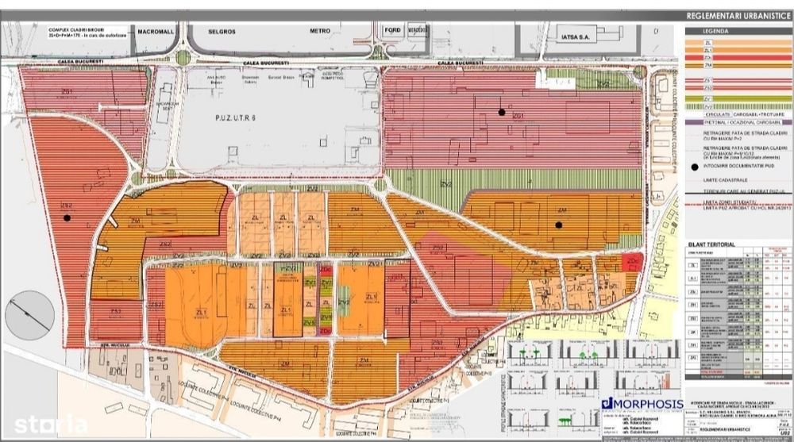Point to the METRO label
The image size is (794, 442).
pos(319,33)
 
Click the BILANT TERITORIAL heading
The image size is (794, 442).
pos(712,244)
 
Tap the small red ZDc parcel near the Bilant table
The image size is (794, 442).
pos(633,263)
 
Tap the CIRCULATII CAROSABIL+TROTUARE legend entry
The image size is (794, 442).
pos(734,114)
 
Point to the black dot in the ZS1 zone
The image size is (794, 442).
pos(502,112)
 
